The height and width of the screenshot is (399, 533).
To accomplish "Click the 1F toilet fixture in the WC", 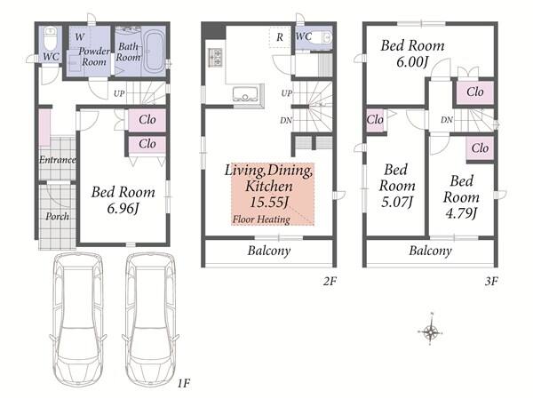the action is pos(51,38).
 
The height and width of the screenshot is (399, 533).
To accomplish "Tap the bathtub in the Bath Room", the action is pos(155,52).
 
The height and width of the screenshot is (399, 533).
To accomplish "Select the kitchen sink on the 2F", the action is pos(245,93).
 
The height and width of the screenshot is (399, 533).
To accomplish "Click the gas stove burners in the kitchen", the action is pos(215,57).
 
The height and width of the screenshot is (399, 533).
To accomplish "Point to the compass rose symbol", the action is pos(430,330).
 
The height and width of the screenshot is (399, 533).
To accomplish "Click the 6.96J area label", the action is pos(123,209).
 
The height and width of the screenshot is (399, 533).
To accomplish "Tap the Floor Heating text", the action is pos(261,219).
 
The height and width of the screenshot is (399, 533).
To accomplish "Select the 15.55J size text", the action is pos(269,203).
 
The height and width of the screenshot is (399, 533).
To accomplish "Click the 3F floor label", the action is pos(491,282).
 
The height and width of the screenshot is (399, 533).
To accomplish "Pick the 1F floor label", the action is pos(184,384).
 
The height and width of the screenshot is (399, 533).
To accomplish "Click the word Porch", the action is pos(57,216).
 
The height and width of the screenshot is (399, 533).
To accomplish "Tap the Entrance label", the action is pos(57,160).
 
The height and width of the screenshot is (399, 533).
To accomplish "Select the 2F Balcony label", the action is pos(269,251).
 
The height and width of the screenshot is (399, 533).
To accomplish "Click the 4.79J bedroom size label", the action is pos(461,213).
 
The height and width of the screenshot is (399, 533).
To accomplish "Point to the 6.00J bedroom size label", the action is pos(412,62).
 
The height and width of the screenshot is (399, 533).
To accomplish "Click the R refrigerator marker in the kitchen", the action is pos(280,37).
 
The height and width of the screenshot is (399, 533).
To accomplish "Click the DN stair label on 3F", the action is pos(447,120).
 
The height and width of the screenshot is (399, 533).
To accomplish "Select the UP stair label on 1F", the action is pos(119,93).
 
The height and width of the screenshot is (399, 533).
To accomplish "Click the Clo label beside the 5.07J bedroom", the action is pos(375,120).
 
